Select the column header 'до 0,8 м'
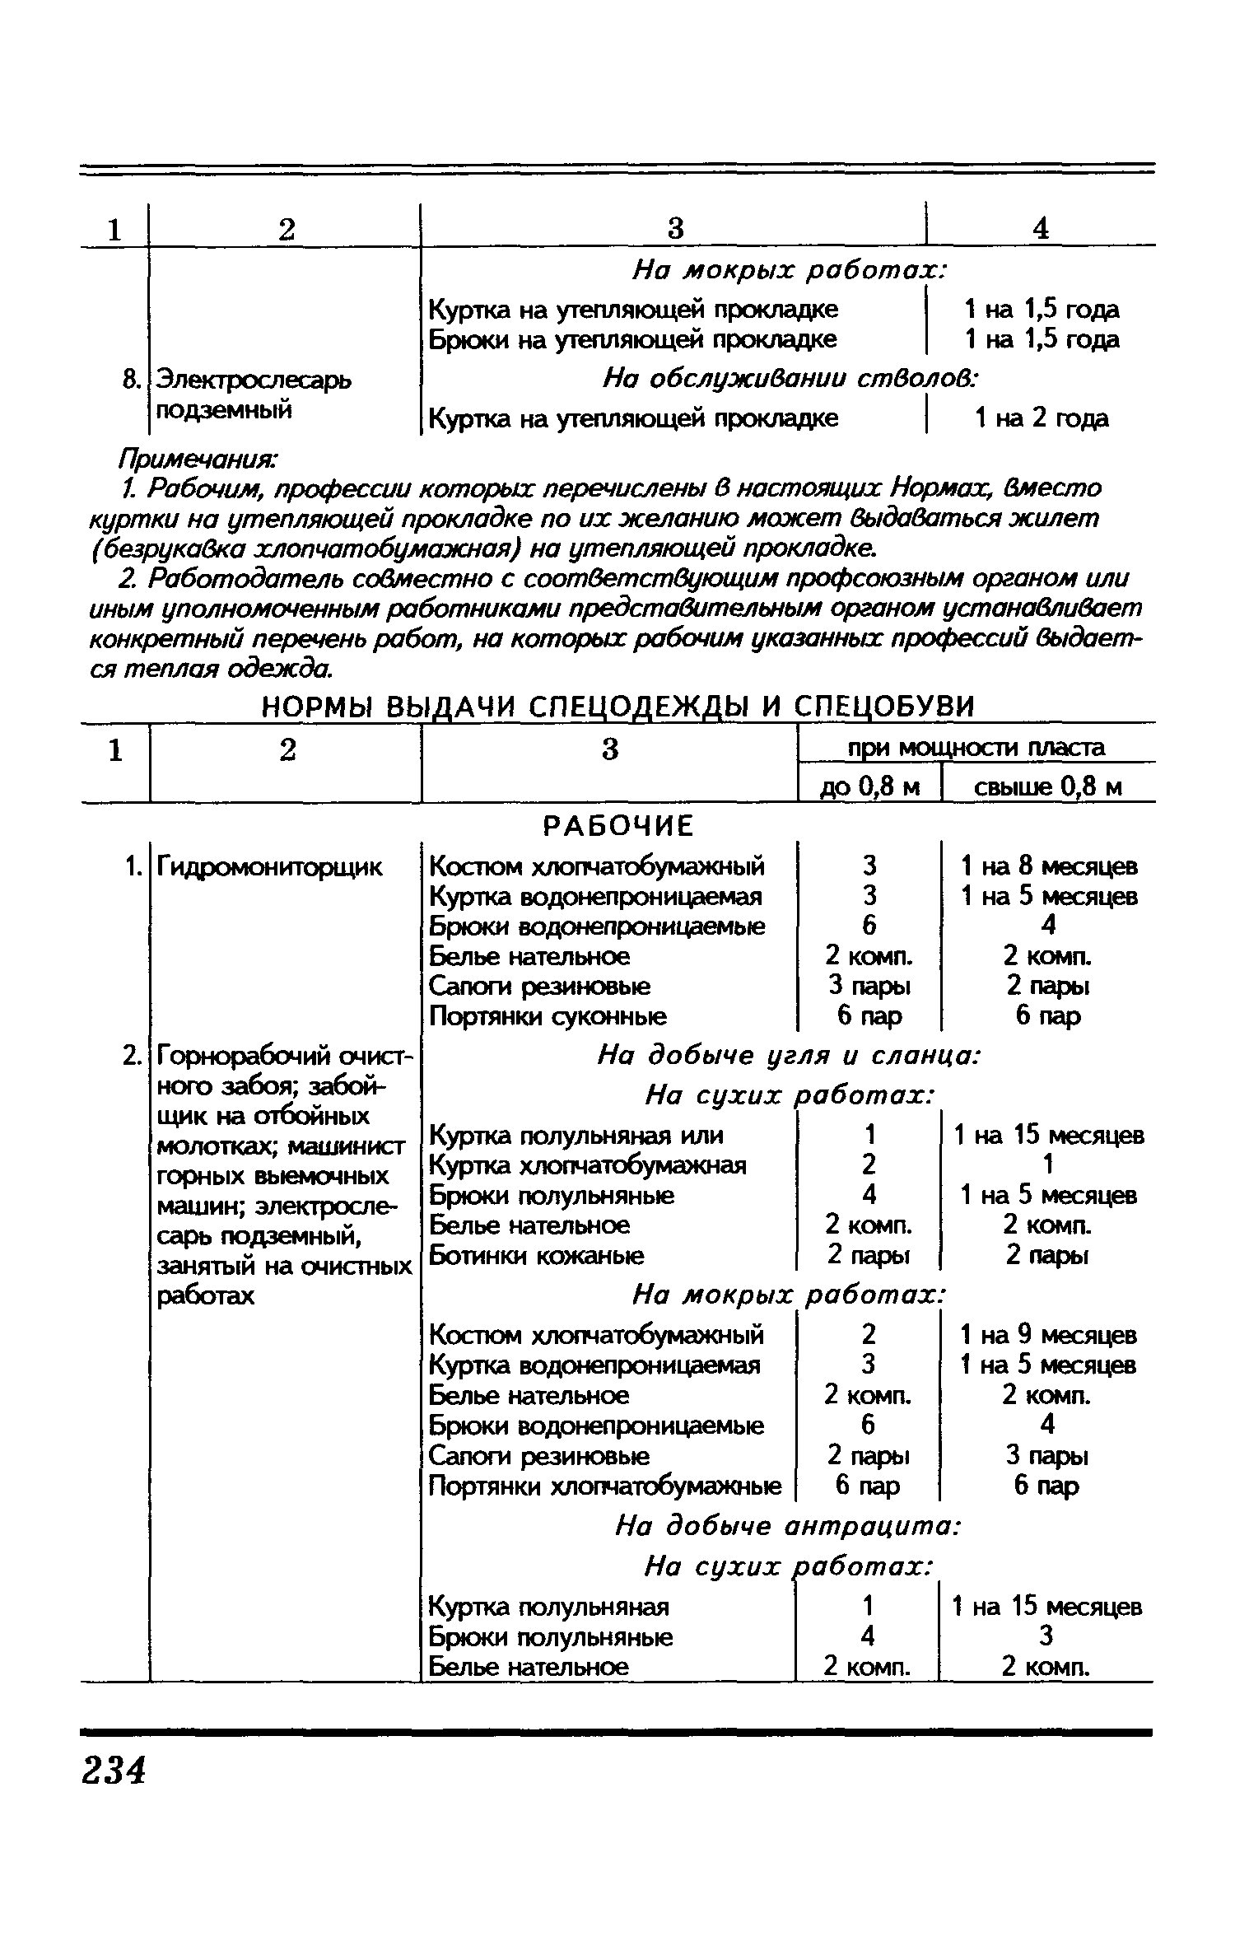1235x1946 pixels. coord(869,787)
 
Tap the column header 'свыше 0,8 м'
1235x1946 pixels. coord(1047,787)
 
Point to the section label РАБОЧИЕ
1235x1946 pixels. coord(619,825)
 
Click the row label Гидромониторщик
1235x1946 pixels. coord(269,866)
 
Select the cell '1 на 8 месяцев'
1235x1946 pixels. coord(1049,866)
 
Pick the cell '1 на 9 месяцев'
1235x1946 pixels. coord(1049,1334)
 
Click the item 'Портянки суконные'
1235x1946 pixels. coord(548,1016)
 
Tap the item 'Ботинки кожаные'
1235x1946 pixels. coord(537,1256)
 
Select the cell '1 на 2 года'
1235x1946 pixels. coord(1042,419)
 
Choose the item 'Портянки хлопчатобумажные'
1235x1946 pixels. coord(605,1486)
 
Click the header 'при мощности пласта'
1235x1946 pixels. coord(976,748)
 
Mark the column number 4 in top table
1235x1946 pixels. coord(1041,229)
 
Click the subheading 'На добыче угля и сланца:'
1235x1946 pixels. coord(788,1056)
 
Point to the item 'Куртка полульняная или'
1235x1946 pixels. coord(576,1136)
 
